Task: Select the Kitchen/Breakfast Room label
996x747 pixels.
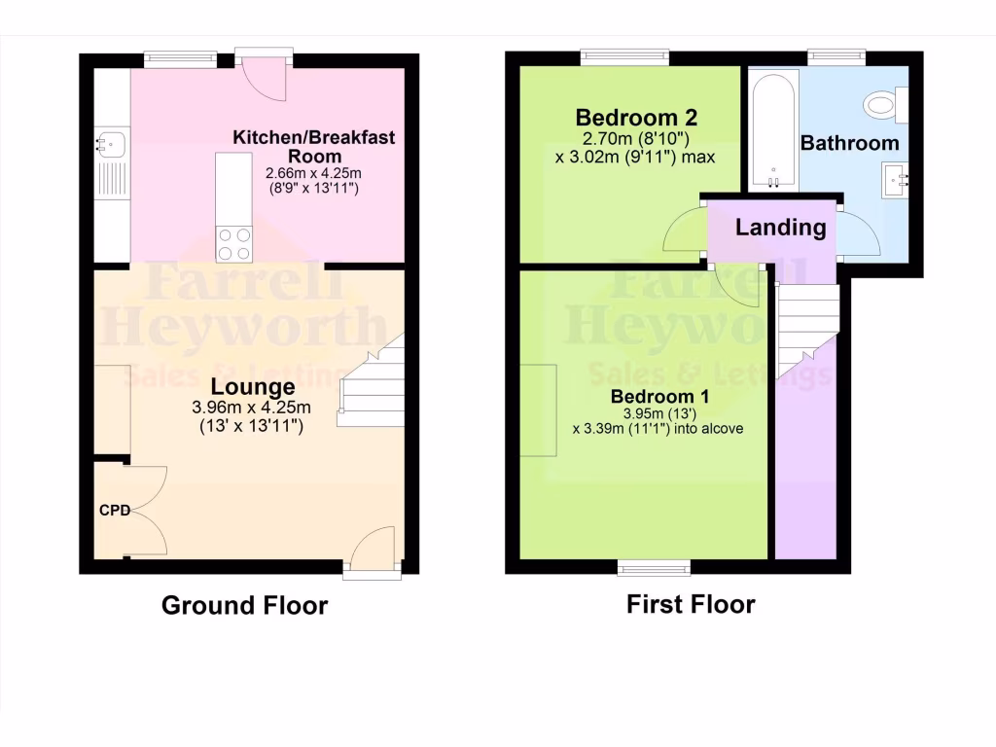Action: (313, 146)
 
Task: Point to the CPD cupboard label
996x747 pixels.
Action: (114, 510)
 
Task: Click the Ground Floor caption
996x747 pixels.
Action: (244, 605)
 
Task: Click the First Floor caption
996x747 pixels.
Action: (691, 604)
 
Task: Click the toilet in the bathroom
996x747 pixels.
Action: (887, 102)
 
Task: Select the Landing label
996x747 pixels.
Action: (780, 228)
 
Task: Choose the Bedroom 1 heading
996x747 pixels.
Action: (659, 397)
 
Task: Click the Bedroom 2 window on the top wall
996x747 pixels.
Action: (625, 57)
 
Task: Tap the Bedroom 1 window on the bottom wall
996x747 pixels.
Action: (654, 567)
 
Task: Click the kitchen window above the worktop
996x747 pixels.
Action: (181, 60)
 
